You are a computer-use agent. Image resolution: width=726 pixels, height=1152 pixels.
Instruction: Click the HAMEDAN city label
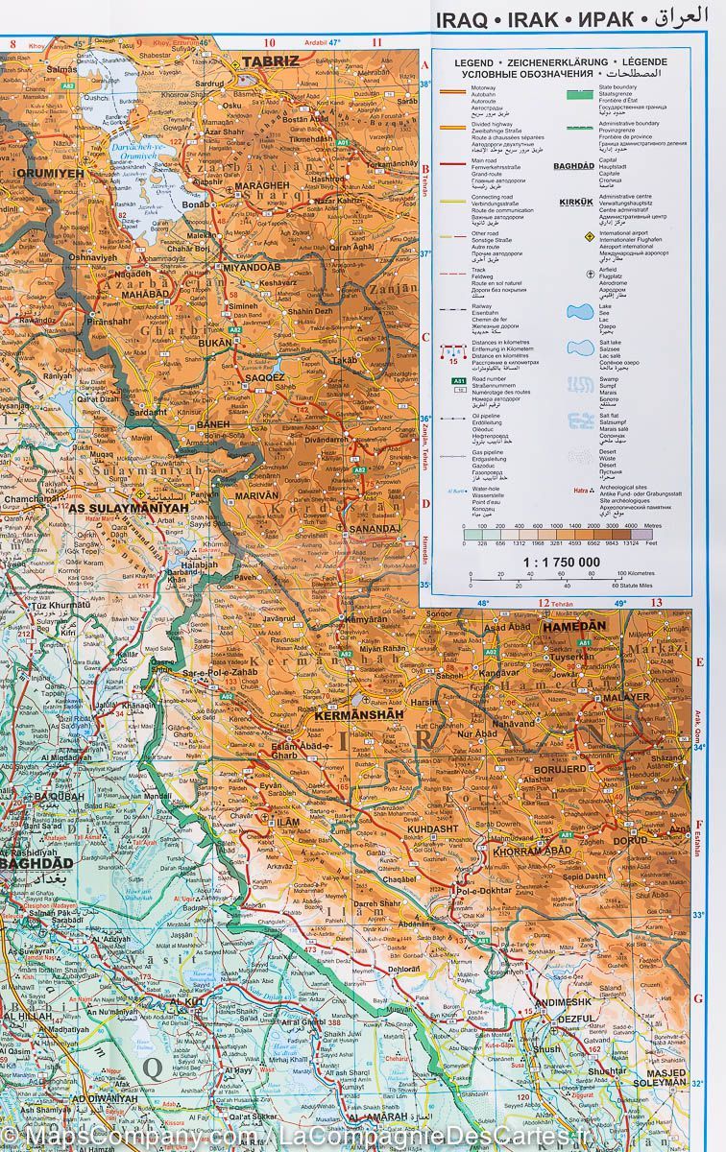coord(573,626)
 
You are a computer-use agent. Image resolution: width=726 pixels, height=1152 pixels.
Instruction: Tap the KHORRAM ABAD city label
coord(531,852)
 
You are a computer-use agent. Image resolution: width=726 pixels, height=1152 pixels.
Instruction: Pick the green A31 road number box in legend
coord(458,381)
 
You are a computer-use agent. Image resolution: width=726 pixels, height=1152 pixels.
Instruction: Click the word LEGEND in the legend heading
coord(474,62)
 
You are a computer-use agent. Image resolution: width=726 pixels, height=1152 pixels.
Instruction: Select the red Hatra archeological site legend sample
coord(580,489)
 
